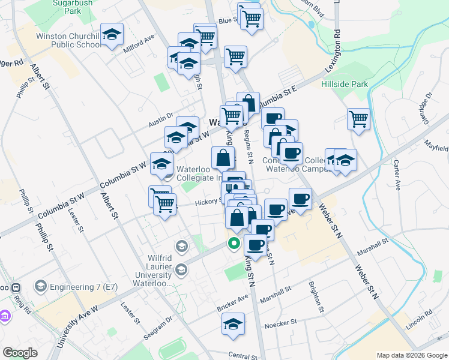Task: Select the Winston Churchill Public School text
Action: click(x=68, y=40)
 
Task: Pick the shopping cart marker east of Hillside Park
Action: click(x=358, y=118)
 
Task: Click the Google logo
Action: click(x=20, y=353)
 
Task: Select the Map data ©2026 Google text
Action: click(x=412, y=355)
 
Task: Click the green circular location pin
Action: click(x=234, y=243)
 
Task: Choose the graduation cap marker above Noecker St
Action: click(x=234, y=325)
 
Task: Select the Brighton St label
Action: click(x=316, y=297)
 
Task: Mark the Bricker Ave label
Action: click(x=232, y=302)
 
